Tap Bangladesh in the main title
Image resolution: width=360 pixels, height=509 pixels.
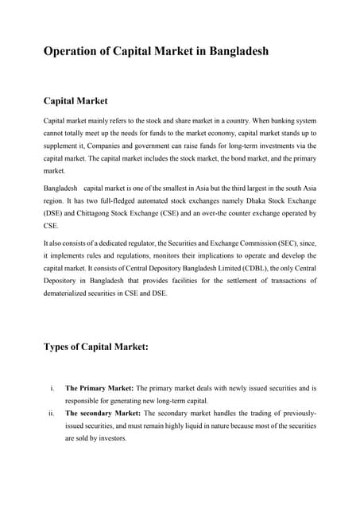click(x=236, y=52)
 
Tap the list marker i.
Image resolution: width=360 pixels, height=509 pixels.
click(x=52, y=388)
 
